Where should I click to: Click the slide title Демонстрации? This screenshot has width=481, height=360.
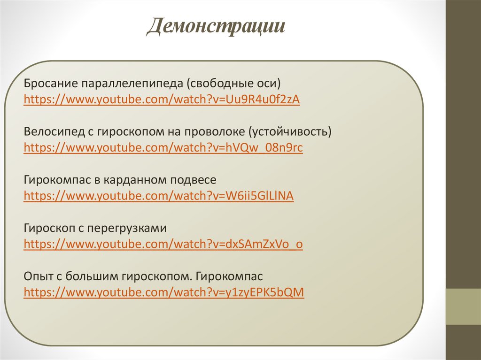coord(217,27)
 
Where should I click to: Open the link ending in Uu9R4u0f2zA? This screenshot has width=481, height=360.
coord(162,100)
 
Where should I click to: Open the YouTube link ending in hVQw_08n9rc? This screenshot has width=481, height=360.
coord(163,148)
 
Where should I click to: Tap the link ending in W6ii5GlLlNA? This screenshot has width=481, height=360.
coord(158,196)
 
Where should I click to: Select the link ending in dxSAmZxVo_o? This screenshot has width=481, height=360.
coord(163,245)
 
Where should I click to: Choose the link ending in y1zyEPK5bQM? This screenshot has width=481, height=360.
coord(164,292)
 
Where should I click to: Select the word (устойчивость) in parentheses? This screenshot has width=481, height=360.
coord(290,132)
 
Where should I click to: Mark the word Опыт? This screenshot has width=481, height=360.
coord(37,277)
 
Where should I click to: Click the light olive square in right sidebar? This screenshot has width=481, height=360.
coord(463,306)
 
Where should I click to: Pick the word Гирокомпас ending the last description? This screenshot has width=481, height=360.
coord(230,277)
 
